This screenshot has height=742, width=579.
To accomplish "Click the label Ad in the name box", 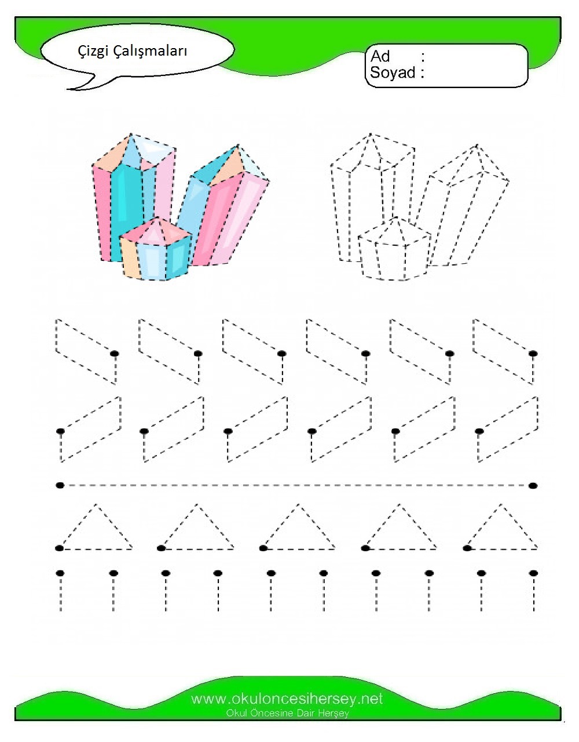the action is click(x=380, y=56).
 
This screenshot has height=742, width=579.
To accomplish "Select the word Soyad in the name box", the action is click(x=393, y=72).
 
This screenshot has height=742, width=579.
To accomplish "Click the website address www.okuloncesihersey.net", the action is click(x=287, y=699).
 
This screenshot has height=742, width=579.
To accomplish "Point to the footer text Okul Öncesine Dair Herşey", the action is click(x=287, y=714).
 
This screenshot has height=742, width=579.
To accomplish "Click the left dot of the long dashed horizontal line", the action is click(x=60, y=485).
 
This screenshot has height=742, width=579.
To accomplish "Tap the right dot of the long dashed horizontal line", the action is click(x=533, y=486).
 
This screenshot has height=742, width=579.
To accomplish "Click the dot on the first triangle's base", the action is click(x=59, y=548).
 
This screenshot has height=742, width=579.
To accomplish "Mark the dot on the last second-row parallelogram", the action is click(x=479, y=431).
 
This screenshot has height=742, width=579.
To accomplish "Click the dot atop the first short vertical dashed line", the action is click(x=60, y=573).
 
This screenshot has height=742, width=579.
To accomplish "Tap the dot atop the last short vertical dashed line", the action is click(x=534, y=573).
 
